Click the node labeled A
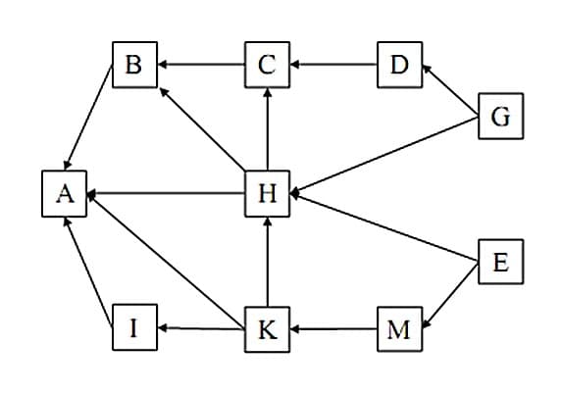65,194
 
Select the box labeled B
134,66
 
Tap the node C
267,66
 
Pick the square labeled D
398,66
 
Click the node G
500,118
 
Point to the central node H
267,194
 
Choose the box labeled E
500,263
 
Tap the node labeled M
398,329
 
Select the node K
267,329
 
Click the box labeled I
134,329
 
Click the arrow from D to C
332,66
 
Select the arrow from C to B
201,66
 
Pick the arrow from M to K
332,329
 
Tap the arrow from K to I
201,329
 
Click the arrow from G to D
450,90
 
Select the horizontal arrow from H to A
166,194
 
